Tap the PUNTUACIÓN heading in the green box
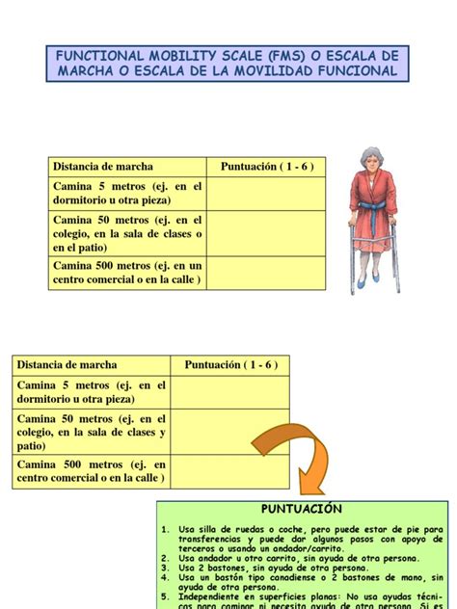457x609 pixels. point(302,508)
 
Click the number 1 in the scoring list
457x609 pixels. point(165,529)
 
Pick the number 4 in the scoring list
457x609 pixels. point(165,576)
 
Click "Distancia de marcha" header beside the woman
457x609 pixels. point(103,167)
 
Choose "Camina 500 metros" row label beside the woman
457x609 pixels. point(128,273)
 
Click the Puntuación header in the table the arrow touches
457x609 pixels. point(224,365)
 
